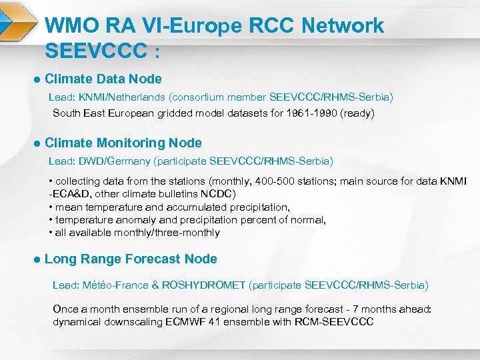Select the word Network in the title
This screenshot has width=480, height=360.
pos(343,26)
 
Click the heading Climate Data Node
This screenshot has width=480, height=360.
pos(103,79)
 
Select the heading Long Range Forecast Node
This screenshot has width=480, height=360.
pos(131,259)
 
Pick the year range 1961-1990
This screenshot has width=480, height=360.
pos(309,113)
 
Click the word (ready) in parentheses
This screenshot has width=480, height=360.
pos(357,113)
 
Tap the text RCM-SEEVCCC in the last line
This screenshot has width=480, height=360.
pos(338,322)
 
